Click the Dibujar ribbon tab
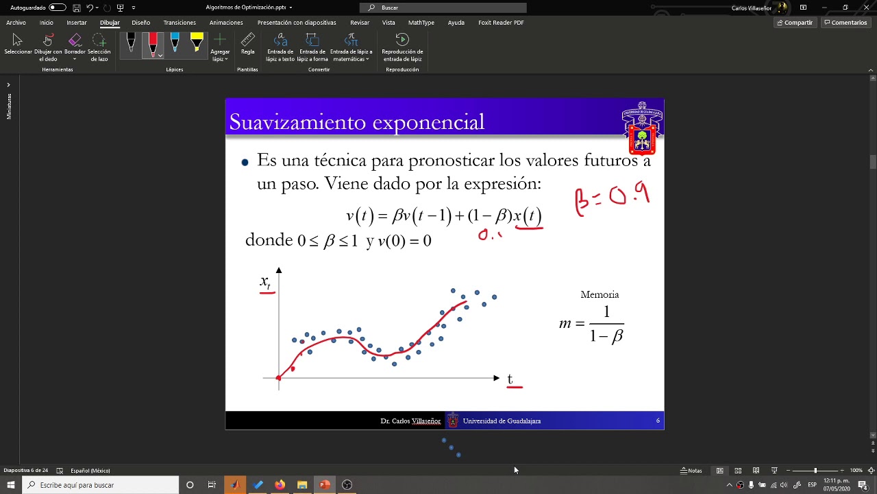click(x=110, y=23)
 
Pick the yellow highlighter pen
click(x=197, y=43)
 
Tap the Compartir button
click(x=794, y=23)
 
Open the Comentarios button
click(x=845, y=23)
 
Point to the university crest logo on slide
click(x=642, y=128)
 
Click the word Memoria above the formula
click(x=600, y=294)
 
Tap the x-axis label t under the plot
click(x=510, y=379)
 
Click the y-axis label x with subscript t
click(x=265, y=281)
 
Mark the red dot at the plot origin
click(x=279, y=378)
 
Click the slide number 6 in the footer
click(x=658, y=421)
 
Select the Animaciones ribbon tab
click(x=226, y=23)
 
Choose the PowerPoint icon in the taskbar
click(x=325, y=485)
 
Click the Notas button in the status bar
click(x=691, y=471)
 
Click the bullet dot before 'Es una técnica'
click(x=245, y=163)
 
